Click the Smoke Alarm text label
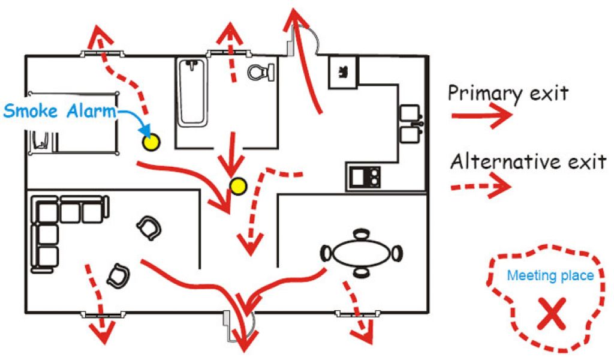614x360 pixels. (x=59, y=110)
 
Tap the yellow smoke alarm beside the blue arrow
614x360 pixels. (x=151, y=142)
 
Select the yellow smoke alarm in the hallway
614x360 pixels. (x=238, y=187)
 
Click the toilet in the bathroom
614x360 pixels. (x=260, y=72)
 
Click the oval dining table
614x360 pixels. (x=362, y=252)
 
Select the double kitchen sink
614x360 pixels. (x=410, y=124)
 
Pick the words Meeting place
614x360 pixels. (x=550, y=276)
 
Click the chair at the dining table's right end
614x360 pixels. (x=397, y=253)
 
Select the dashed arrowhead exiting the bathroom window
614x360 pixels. (x=230, y=33)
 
